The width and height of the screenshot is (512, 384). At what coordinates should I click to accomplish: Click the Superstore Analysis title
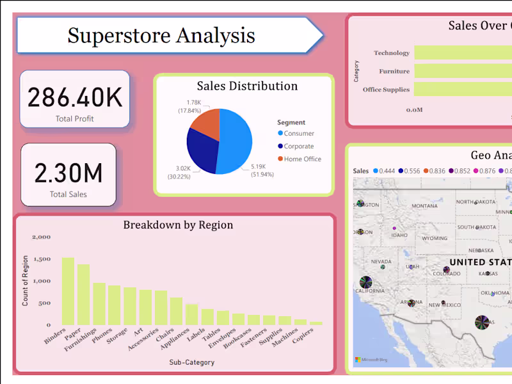click(161, 35)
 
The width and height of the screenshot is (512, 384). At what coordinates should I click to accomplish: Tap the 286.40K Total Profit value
click(75, 97)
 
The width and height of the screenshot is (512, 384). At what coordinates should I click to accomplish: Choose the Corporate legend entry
click(299, 147)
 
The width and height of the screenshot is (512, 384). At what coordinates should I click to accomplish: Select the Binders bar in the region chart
click(68, 291)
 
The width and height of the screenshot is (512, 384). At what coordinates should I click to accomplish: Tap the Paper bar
click(83, 294)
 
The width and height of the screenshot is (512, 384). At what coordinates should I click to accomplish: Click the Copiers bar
click(316, 323)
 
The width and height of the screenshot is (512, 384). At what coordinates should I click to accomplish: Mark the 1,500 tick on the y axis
click(41, 259)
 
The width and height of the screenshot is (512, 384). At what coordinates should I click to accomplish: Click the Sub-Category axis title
click(191, 363)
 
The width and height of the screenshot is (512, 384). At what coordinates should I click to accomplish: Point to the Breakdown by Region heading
click(178, 225)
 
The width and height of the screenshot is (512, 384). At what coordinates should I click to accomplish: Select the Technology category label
click(391, 53)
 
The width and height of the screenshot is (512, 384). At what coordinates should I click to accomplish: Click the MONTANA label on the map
click(424, 206)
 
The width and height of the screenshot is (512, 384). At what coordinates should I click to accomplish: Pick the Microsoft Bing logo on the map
click(371, 360)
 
